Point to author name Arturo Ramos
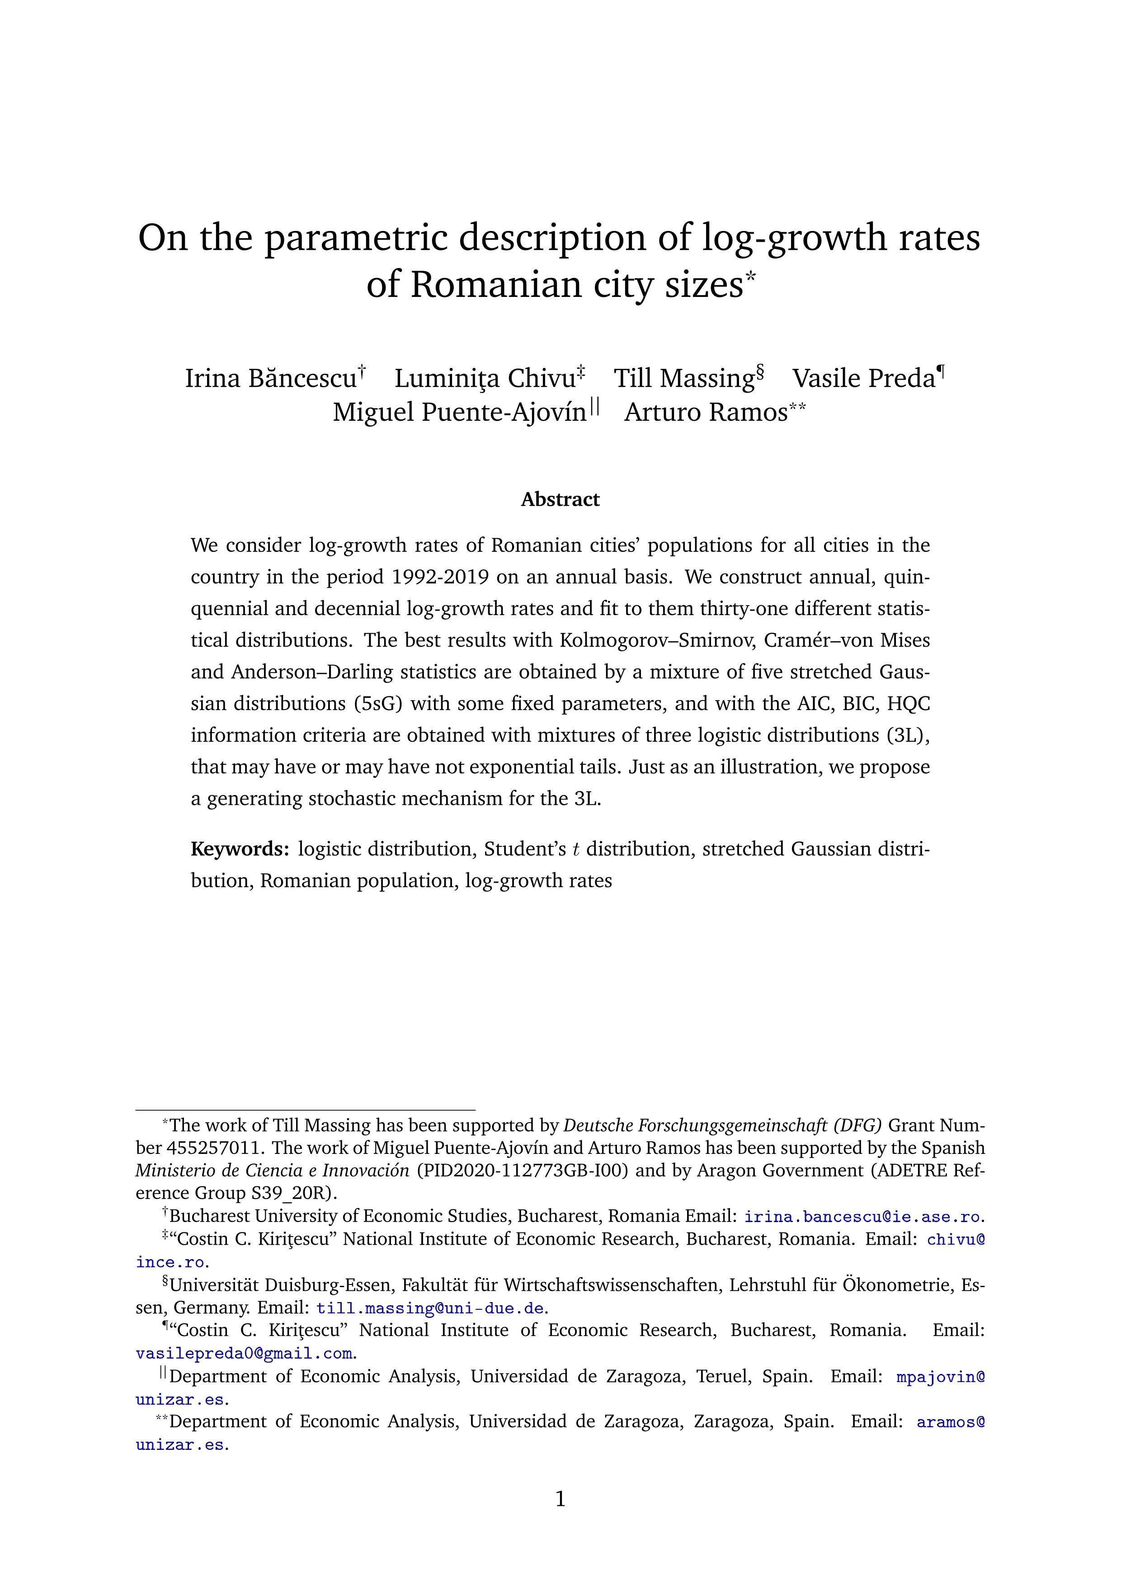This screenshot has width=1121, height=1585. tap(706, 412)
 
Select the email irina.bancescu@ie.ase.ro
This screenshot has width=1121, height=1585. tap(862, 1216)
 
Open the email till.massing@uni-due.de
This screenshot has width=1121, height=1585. tap(430, 1308)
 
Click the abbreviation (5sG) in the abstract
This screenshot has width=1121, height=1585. tap(378, 703)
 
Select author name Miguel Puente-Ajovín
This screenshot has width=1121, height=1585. tap(460, 412)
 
